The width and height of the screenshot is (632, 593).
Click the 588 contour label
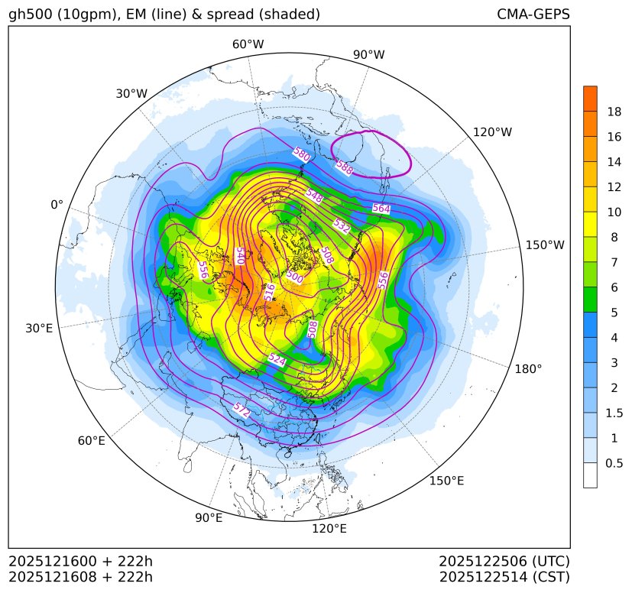[x=344, y=167]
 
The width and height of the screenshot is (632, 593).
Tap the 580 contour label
[x=301, y=154]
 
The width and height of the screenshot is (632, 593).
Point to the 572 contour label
[x=241, y=410]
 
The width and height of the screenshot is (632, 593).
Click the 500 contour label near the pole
[x=295, y=278]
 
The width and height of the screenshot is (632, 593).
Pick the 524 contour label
[x=277, y=359]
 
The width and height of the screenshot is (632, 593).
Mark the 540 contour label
[x=239, y=255]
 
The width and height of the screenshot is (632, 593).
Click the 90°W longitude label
[x=368, y=55]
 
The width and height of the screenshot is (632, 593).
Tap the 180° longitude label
[x=528, y=368]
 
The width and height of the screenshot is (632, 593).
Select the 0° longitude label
[x=57, y=205]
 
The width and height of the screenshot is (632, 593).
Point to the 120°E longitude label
[x=329, y=529]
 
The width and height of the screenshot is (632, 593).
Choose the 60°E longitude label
[x=91, y=441]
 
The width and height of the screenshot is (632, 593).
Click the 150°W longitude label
[x=545, y=245]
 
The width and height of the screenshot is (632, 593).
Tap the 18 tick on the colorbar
[x=614, y=112]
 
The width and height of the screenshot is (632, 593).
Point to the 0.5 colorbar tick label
[x=614, y=463]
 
